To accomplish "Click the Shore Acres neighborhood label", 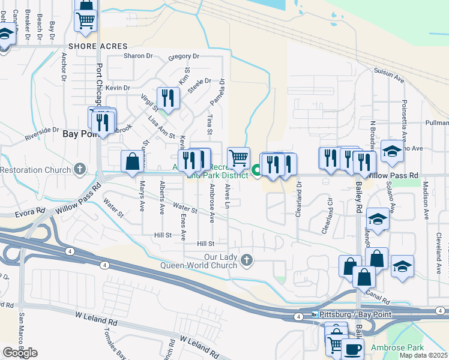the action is tap(98, 46).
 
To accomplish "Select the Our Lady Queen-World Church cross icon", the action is tap(247, 260).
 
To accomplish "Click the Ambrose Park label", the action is tap(397, 348).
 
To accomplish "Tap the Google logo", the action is tap(20, 353).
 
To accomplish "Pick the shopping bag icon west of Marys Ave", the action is tap(131, 161).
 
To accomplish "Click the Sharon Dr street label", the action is tap(138, 56).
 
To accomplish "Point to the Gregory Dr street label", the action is tap(184, 57).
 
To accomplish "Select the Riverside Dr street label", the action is tap(42, 133).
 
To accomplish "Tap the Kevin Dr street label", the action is tap(118, 88).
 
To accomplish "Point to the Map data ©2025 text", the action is tap(423, 355).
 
